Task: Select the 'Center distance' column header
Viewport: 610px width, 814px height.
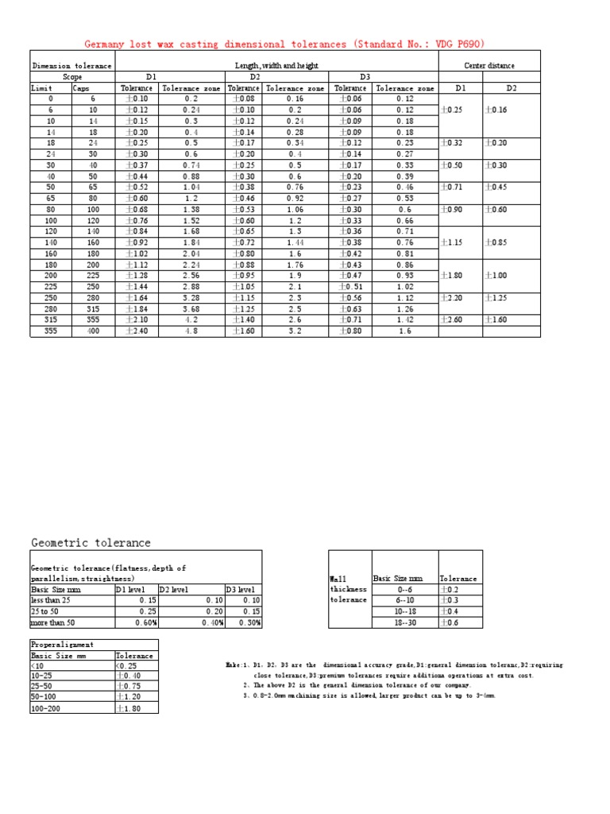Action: tap(488, 65)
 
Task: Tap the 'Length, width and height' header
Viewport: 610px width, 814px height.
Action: tap(277, 65)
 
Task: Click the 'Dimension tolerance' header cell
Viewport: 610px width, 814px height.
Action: tap(62, 65)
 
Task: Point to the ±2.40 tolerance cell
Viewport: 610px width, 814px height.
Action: tap(137, 331)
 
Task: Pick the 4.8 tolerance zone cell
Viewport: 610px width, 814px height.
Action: tap(191, 331)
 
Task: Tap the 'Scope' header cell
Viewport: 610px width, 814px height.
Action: tap(72, 77)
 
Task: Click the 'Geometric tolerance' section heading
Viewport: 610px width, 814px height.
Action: tap(91, 543)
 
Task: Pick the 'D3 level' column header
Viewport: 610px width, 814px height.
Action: tap(241, 590)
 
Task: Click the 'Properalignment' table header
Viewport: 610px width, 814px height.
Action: tap(62, 645)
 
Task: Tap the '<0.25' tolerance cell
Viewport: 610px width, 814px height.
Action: tap(127, 665)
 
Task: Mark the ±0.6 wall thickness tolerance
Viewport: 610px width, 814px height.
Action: tap(450, 623)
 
